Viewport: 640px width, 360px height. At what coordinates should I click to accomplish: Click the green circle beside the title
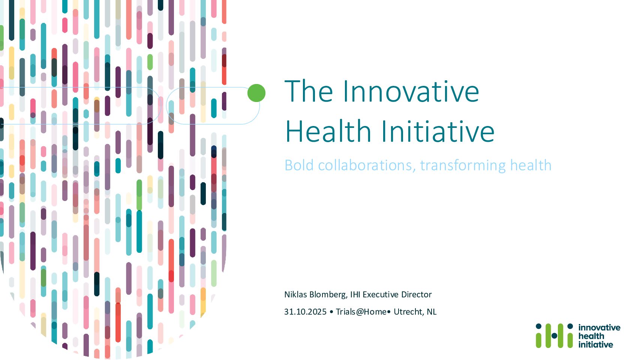click(256, 93)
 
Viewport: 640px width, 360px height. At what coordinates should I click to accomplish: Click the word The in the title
click(309, 91)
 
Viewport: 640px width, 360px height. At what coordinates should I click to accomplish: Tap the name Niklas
click(295, 294)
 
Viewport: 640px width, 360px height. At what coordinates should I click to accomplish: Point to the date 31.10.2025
click(305, 311)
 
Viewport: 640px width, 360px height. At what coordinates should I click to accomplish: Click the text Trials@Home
click(361, 311)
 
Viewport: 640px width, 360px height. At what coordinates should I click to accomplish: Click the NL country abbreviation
click(432, 311)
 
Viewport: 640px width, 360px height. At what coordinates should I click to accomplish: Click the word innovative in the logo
click(599, 327)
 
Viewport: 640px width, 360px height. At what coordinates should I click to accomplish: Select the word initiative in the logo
click(595, 344)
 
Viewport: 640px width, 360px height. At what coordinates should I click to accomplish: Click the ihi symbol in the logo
click(554, 336)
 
